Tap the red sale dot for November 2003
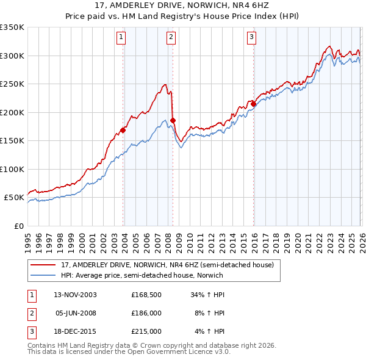coord(123,130)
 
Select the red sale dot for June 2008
coord(173,120)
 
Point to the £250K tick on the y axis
coord(12,84)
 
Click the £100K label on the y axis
coord(12,169)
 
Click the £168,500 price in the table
coord(146,294)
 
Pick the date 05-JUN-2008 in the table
coord(76,313)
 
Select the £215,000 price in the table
coord(146,332)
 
